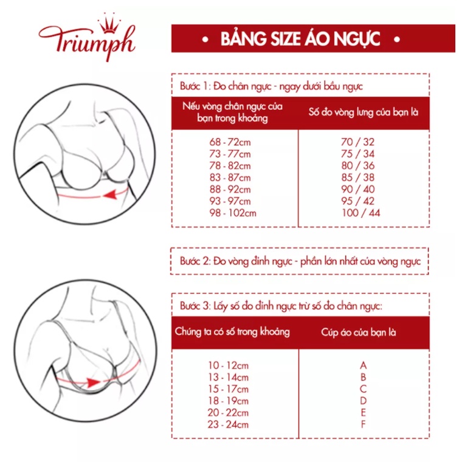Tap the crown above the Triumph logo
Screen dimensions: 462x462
(x=110, y=21)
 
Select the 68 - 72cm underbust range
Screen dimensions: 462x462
(x=230, y=142)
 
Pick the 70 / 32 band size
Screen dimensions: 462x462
(x=358, y=142)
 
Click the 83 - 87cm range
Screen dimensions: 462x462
(x=230, y=178)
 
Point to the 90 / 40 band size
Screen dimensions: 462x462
(x=358, y=189)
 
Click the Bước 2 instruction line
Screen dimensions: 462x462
(x=300, y=261)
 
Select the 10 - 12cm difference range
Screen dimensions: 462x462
(x=228, y=365)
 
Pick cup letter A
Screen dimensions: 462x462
(x=363, y=365)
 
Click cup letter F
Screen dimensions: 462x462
(x=363, y=424)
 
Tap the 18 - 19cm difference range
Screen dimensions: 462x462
(x=228, y=401)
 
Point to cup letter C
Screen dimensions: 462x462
(x=363, y=389)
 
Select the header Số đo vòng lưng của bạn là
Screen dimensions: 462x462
(x=364, y=112)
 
